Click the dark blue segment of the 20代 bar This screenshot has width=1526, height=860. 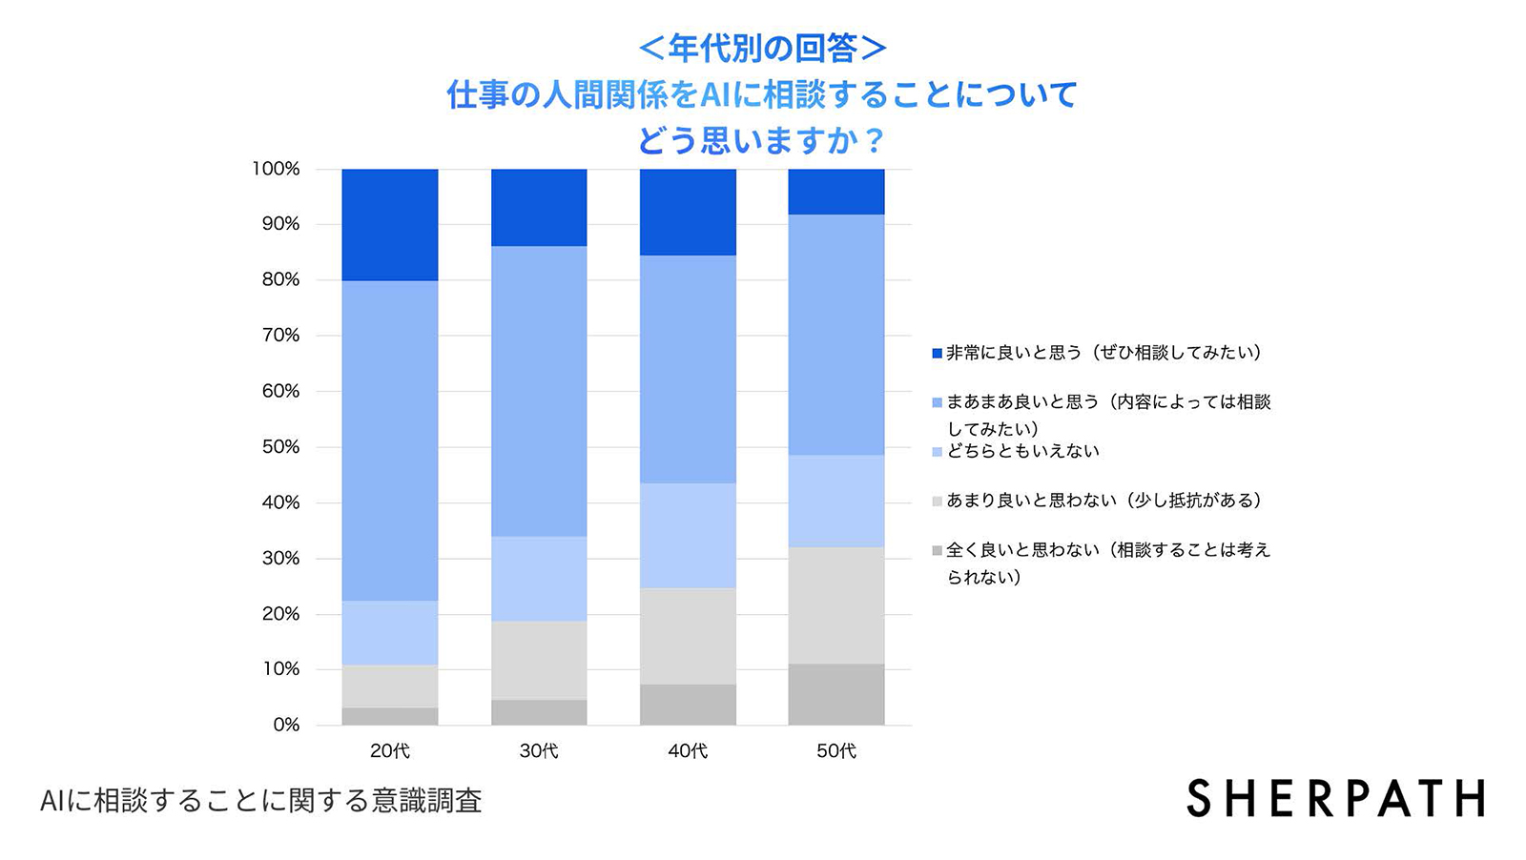tap(390, 224)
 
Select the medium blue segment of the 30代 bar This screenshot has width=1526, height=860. tap(539, 391)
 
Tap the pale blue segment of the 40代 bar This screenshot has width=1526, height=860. tap(688, 535)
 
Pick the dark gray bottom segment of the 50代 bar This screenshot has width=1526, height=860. tap(836, 694)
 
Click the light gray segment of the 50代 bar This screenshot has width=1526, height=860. tap(836, 604)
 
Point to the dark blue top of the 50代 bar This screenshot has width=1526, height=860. tap(836, 192)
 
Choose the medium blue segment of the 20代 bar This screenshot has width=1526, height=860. tap(390, 440)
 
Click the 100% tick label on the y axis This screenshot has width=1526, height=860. tap(276, 169)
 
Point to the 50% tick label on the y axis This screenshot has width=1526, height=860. tap(280, 447)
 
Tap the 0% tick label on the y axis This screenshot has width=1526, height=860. tap(286, 725)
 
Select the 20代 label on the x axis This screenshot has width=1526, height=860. tap(390, 751)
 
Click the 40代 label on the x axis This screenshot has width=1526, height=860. tap(688, 751)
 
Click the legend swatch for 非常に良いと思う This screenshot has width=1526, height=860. tap(938, 354)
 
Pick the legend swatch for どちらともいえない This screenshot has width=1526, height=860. tap(938, 452)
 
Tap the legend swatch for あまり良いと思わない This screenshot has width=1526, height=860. tap(938, 502)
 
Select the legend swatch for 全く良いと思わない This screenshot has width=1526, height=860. tap(938, 551)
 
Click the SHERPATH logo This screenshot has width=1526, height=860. tap(1335, 799)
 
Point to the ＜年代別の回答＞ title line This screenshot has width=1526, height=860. tap(762, 48)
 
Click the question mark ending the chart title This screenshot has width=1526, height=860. tap(875, 141)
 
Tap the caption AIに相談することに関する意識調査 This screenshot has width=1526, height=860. tap(261, 801)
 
